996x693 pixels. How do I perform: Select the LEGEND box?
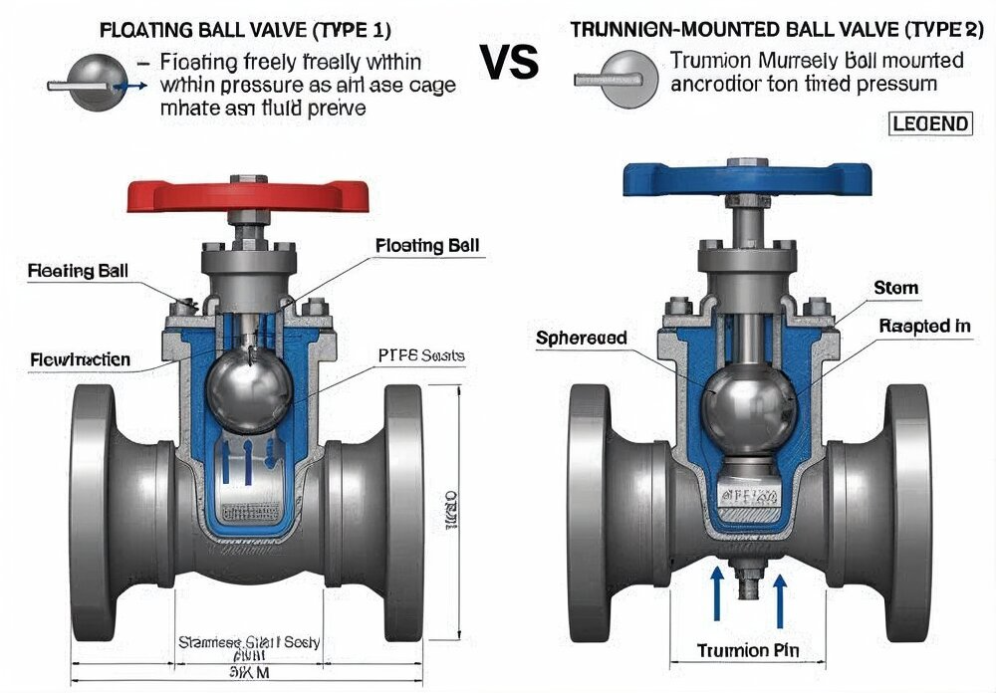[x=927, y=123]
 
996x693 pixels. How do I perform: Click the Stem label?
[x=895, y=288]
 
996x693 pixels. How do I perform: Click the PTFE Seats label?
[x=421, y=355]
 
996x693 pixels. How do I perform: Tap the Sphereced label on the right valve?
[x=582, y=338]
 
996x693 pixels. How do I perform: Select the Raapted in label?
[x=924, y=326]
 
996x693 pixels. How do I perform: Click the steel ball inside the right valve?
[x=750, y=405]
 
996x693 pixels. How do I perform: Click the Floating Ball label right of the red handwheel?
[x=427, y=245]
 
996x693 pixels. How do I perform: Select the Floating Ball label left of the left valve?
[x=78, y=270]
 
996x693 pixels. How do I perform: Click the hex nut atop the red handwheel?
[x=242, y=179]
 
